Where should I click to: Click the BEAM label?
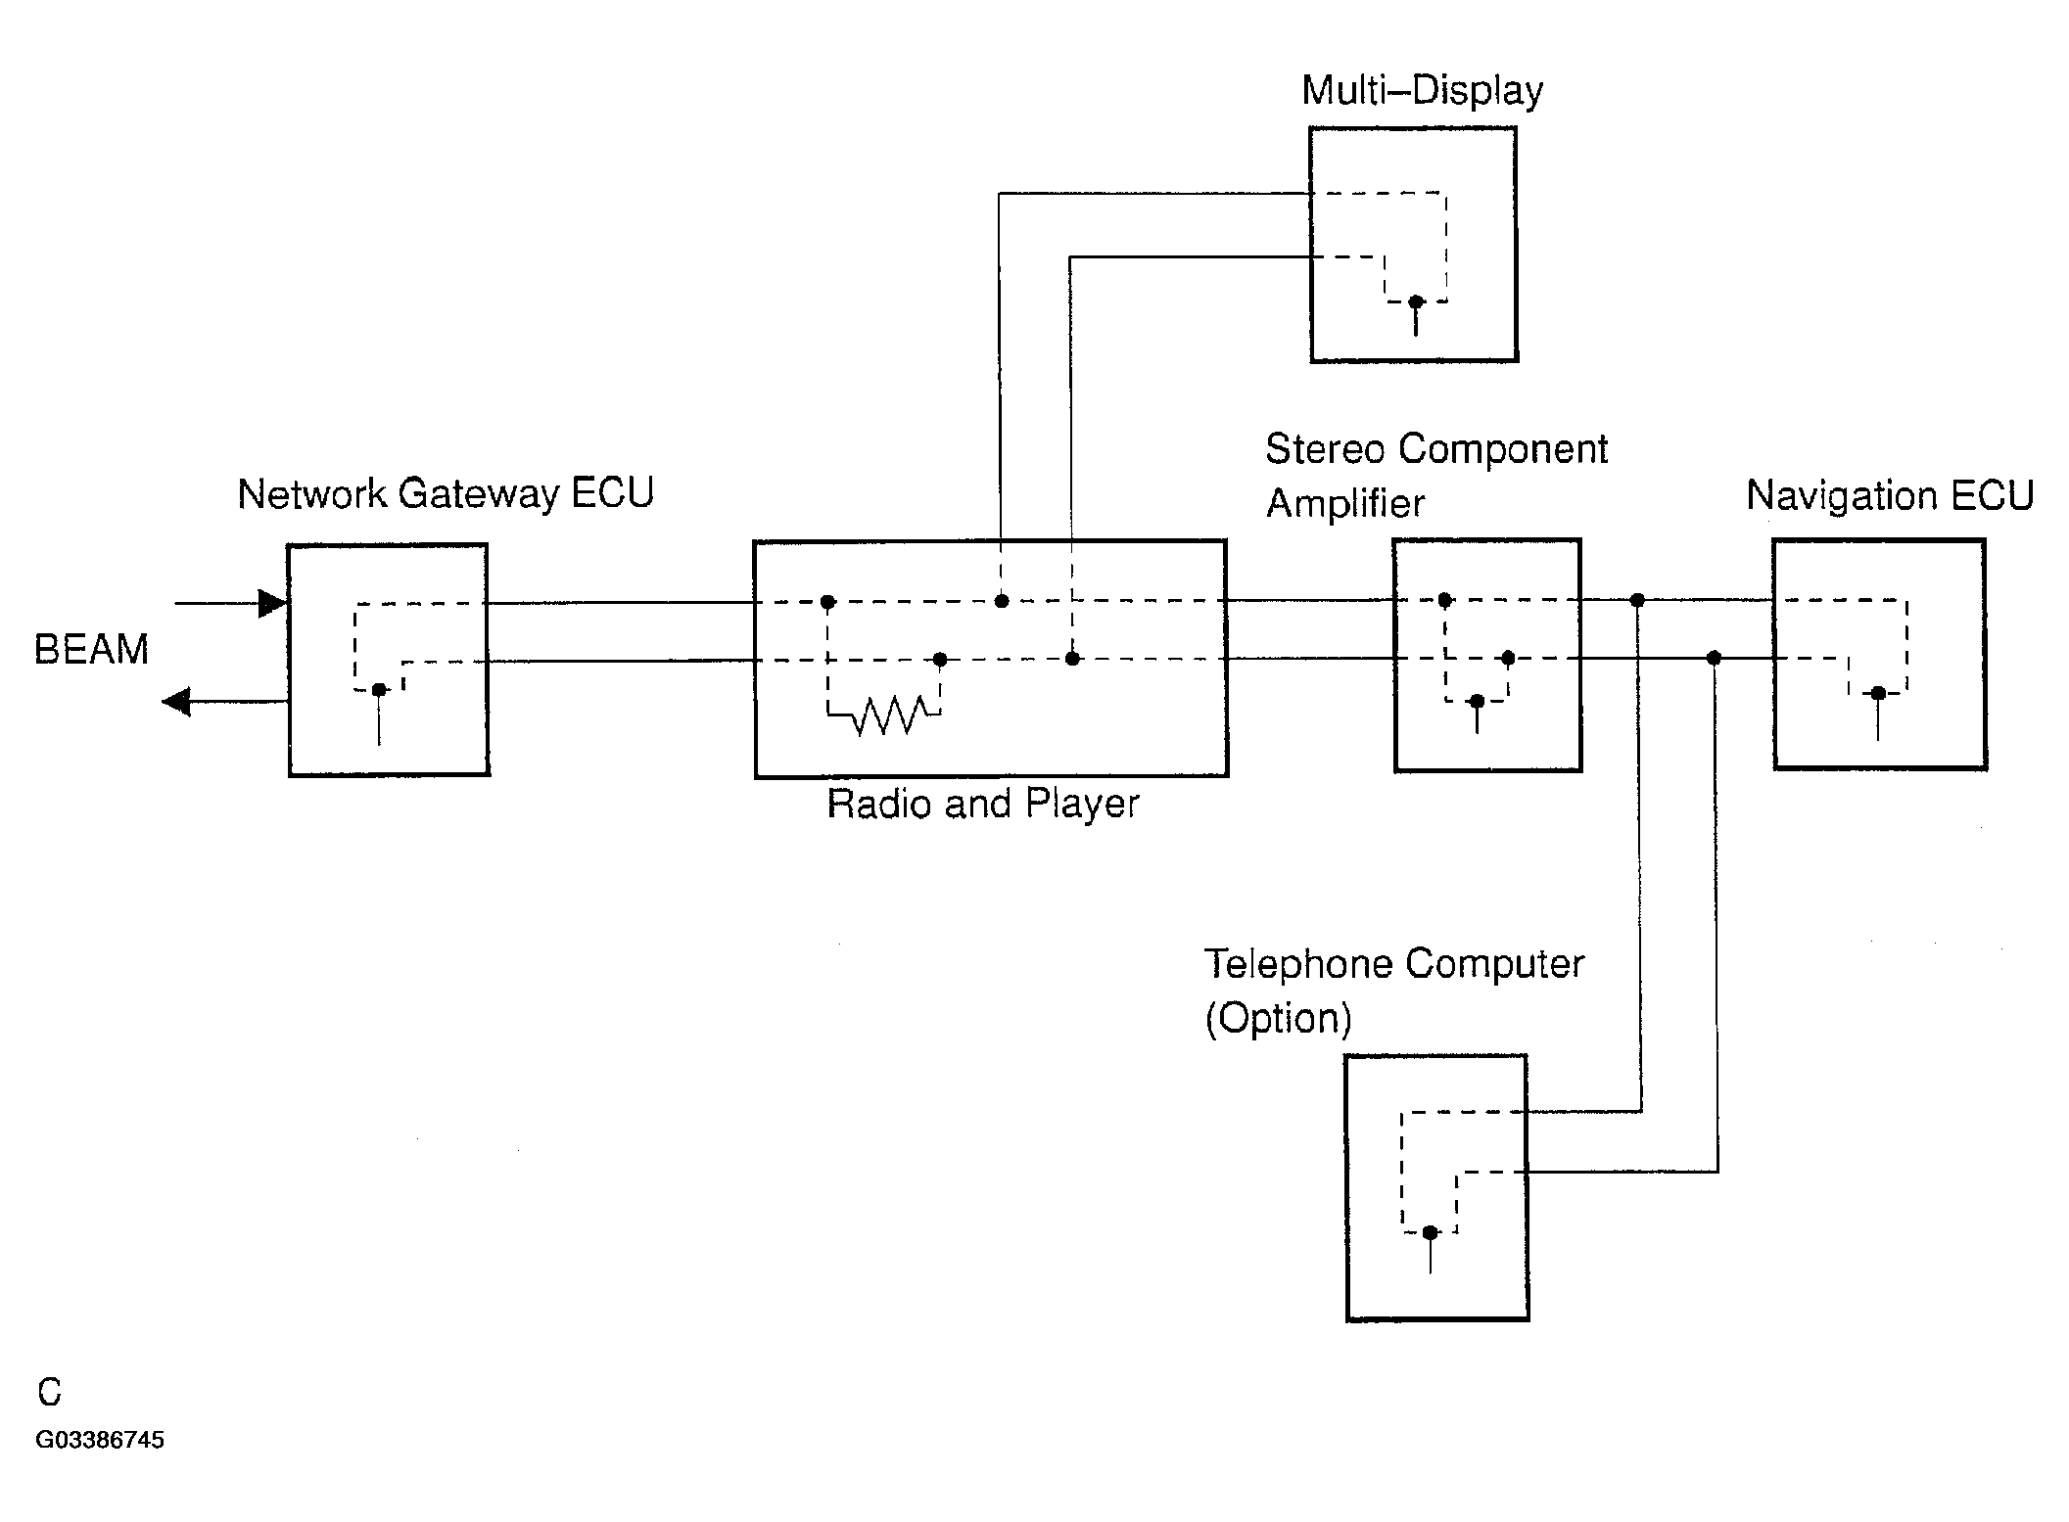pos(91,650)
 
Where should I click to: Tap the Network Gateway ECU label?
pos(446,493)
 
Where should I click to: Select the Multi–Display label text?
pos(1422,91)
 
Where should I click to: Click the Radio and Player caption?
pos(983,804)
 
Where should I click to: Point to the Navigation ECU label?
pos(1890,495)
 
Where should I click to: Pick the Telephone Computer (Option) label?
pos(1393,991)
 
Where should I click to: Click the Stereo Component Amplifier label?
pos(1436,476)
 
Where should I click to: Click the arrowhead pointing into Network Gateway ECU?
pos(273,603)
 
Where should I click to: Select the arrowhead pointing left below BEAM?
pos(176,702)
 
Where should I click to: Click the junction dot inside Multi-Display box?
pos(1416,302)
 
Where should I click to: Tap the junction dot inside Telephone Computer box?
pos(1431,1232)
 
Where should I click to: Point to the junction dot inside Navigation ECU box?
pos(1878,694)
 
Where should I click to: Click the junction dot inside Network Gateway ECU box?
pos(379,690)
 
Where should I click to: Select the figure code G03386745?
pos(100,1440)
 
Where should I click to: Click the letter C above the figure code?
pos(49,1392)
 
